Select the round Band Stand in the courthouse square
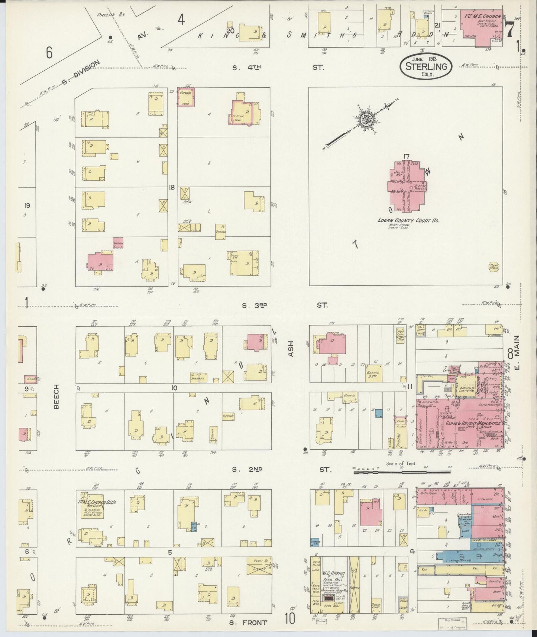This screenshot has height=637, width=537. click(x=494, y=266)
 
